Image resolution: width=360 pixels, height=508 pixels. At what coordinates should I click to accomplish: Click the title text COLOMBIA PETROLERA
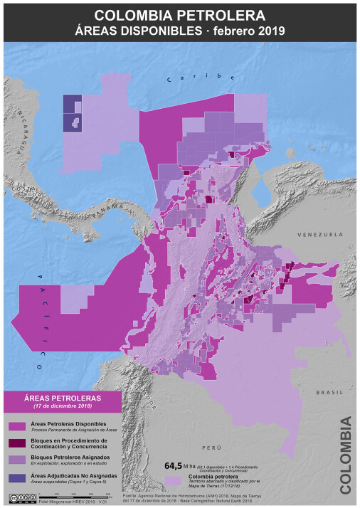point(179,15)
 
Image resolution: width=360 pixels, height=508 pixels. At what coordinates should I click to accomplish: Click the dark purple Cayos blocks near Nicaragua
point(71,113)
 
